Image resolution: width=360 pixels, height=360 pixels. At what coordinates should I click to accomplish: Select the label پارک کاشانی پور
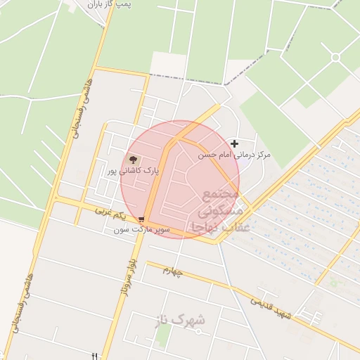pyautogui.click(x=134, y=171)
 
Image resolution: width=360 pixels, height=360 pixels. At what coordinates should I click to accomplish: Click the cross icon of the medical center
pyautogui.click(x=234, y=144)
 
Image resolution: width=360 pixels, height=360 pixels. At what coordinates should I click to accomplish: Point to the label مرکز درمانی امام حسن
pyautogui.click(x=234, y=154)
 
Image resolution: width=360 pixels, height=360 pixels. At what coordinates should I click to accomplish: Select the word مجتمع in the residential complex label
pyautogui.click(x=221, y=193)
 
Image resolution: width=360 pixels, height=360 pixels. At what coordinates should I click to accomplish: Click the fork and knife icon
pyautogui.click(x=95, y=356)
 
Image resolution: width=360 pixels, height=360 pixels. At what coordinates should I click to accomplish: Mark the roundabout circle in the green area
pyautogui.click(x=335, y=57)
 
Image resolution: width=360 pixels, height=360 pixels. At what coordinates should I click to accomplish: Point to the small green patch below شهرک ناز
pyautogui.click(x=162, y=335)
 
